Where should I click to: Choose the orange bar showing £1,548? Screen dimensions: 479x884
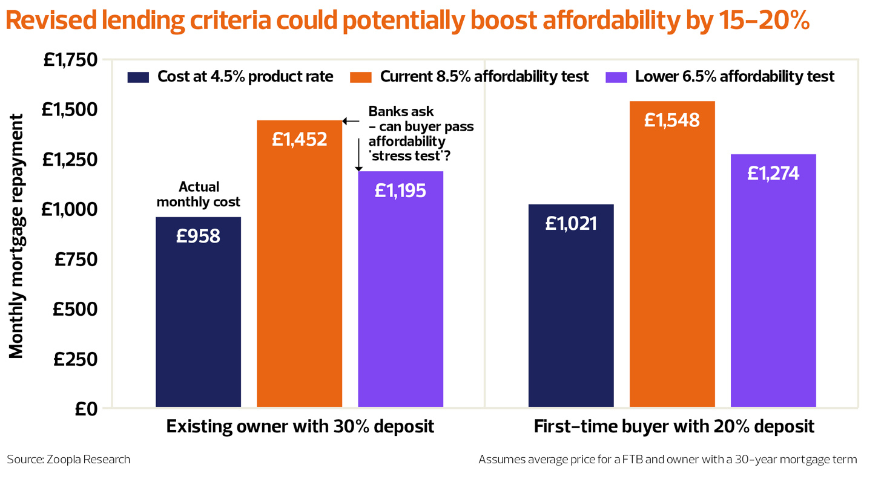(x=672, y=254)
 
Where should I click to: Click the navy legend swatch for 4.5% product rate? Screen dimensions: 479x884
(x=138, y=77)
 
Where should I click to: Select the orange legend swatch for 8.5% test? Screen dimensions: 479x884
(x=361, y=77)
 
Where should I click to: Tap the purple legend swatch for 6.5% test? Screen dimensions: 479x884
(x=616, y=77)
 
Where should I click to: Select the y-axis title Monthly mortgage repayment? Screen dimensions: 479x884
(x=16, y=235)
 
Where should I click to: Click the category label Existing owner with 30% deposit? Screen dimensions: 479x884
(x=300, y=426)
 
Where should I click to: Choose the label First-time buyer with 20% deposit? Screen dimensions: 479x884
(x=673, y=426)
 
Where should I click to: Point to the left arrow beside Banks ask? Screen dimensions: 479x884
(x=351, y=121)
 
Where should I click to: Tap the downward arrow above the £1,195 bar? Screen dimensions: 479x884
(x=358, y=154)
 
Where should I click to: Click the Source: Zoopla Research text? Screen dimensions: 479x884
(x=68, y=460)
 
